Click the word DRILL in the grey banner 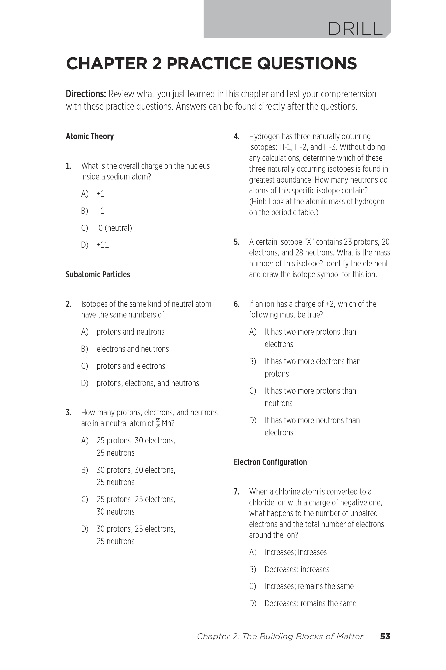[x=355, y=29]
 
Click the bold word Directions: [x=86, y=94]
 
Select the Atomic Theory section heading [x=89, y=136]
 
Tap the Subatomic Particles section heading [x=98, y=275]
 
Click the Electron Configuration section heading [x=270, y=462]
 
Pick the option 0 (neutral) [x=115, y=228]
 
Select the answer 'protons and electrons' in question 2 [x=131, y=366]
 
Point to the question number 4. [x=236, y=137]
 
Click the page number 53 [x=385, y=636]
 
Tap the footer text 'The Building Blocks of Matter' [x=303, y=636]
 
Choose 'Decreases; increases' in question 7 [x=297, y=569]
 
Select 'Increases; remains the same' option [x=309, y=587]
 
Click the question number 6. [x=236, y=304]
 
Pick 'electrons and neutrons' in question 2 [x=133, y=349]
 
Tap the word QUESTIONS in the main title [x=307, y=64]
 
